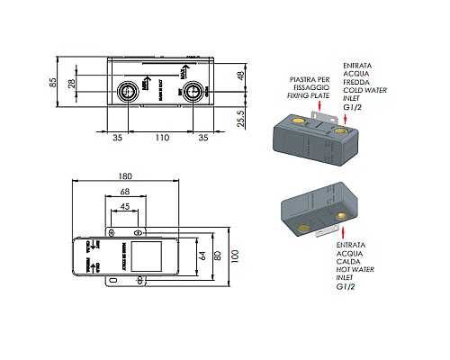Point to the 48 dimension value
[x=239, y=76]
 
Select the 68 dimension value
[x=125, y=192]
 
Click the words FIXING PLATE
[x=307, y=94]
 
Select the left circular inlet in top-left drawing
[x=130, y=90]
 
